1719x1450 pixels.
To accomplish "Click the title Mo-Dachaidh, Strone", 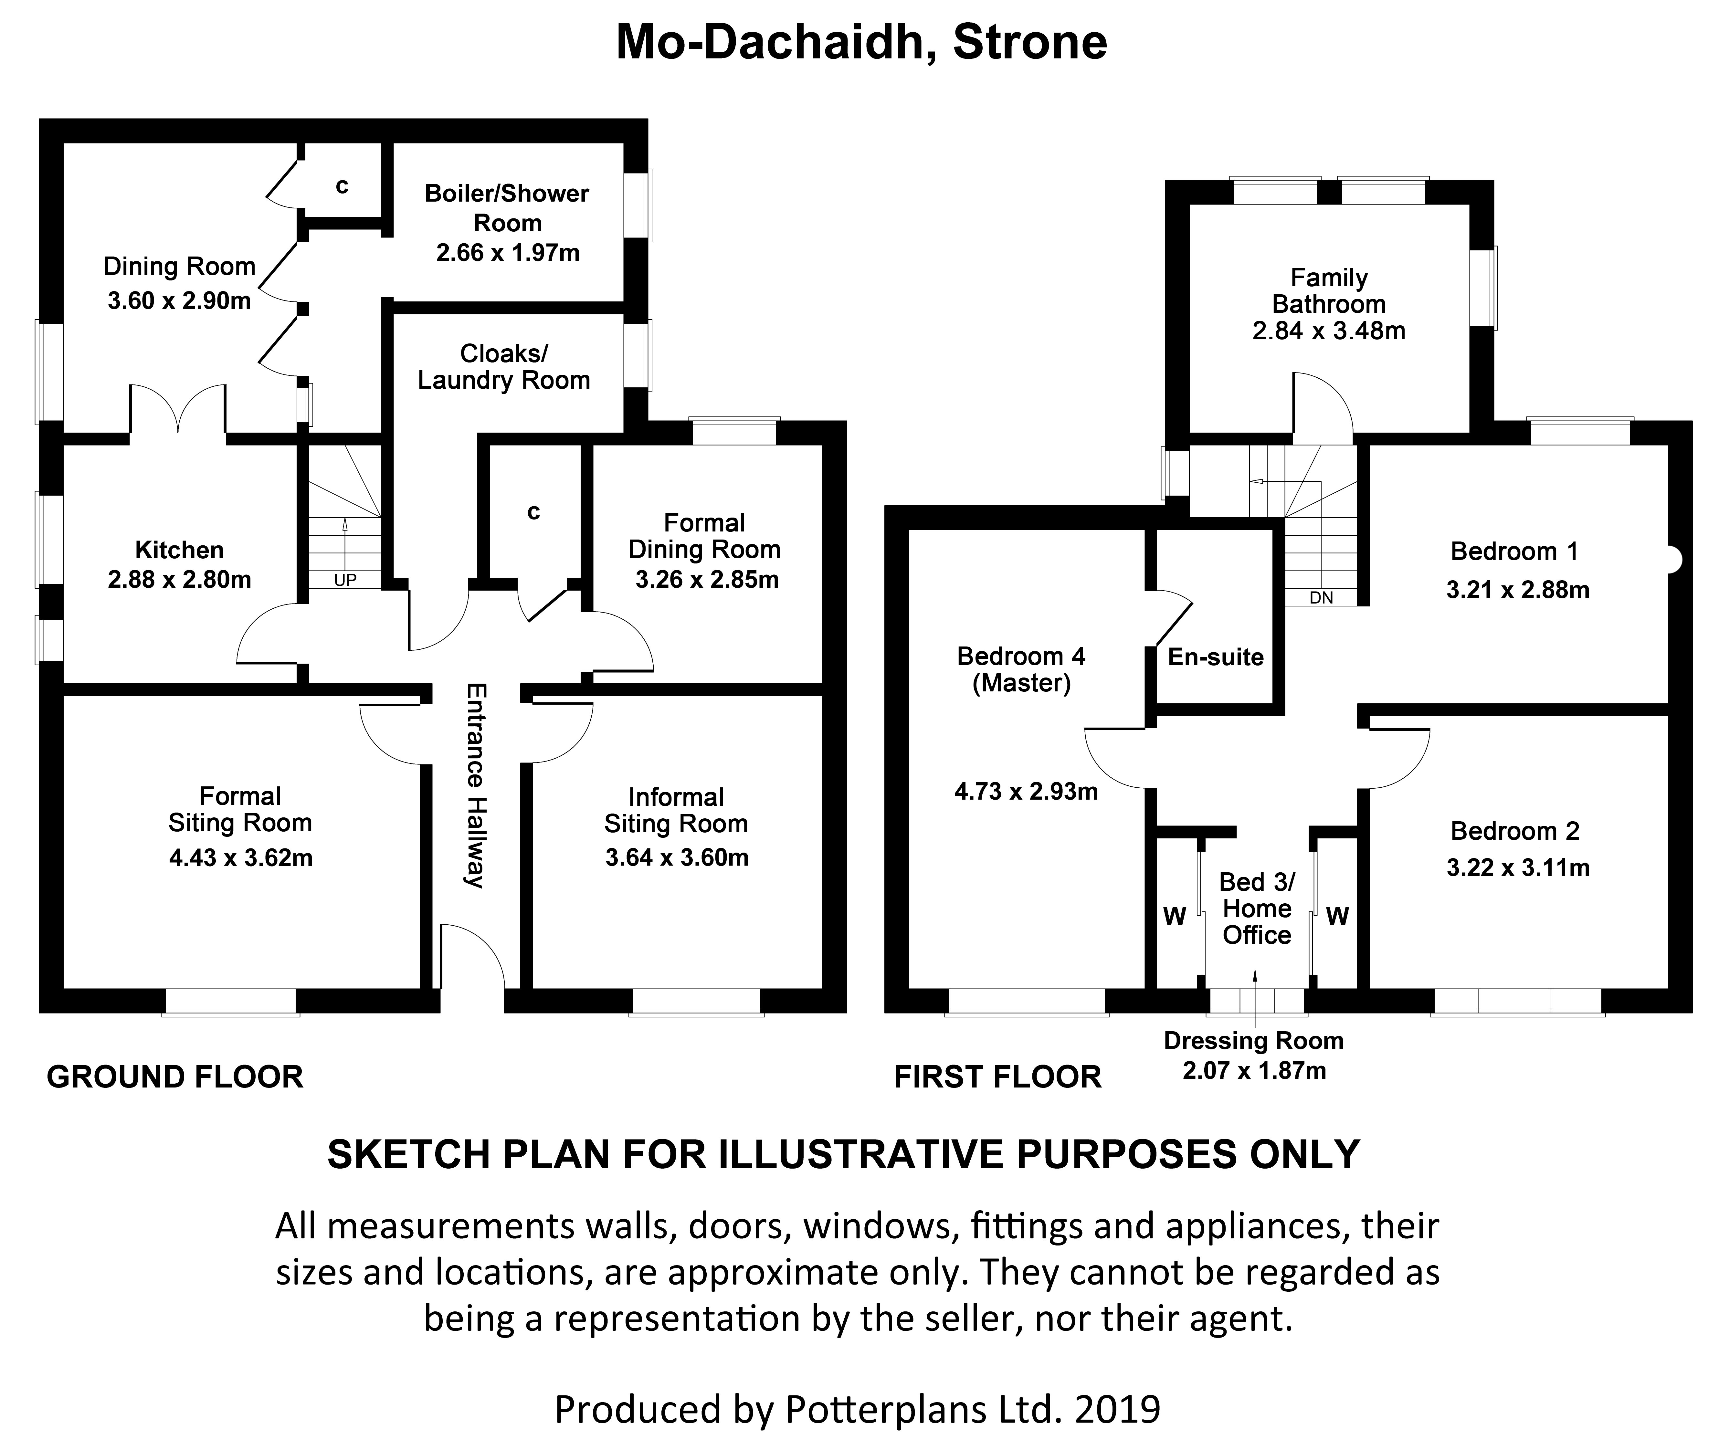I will click(x=861, y=43).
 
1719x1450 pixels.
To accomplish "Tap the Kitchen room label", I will click(x=179, y=550).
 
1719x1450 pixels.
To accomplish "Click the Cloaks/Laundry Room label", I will click(x=503, y=367).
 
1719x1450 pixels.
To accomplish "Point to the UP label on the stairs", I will click(x=345, y=580).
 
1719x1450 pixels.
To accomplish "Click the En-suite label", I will click(x=1215, y=657).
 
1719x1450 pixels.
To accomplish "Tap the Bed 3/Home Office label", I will click(x=1256, y=908).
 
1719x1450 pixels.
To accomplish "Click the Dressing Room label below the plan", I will click(x=1253, y=1041).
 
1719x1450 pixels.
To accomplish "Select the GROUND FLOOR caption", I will click(x=175, y=1077).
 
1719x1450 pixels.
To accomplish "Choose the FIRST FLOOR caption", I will click(x=997, y=1077).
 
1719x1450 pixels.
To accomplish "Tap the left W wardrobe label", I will click(x=1174, y=916).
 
